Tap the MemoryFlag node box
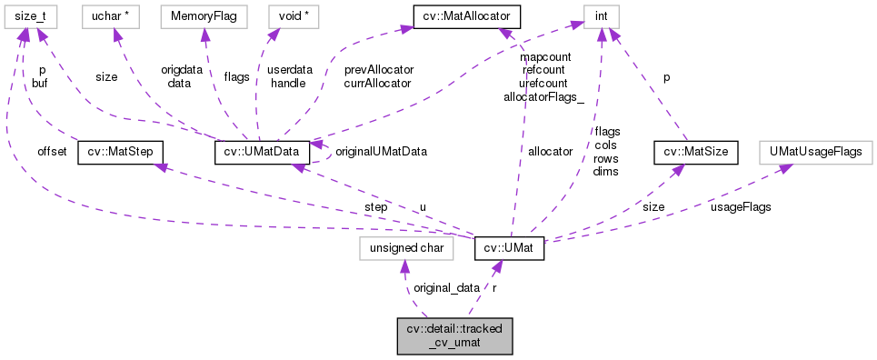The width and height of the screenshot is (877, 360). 198,16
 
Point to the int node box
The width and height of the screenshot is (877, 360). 601,16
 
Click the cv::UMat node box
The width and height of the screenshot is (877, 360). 509,246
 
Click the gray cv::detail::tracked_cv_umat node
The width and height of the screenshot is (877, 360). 454,335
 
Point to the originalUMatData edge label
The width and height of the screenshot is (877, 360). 382,152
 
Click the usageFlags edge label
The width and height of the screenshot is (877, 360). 741,207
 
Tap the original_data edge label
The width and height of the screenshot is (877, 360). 446,288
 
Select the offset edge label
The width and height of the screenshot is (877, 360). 52,152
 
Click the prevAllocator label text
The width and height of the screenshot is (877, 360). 379,69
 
